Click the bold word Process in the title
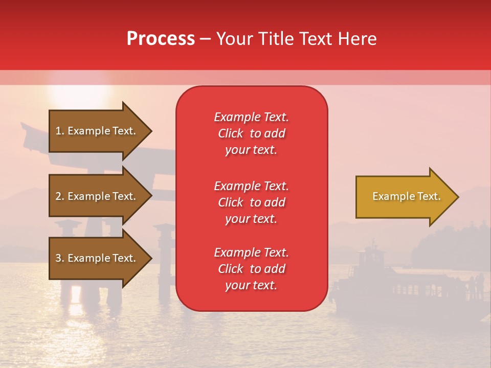tap(161, 39)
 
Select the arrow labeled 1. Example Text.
tap(97, 131)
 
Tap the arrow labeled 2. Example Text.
tap(97, 196)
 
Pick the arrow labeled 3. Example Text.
tap(97, 258)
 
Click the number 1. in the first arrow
tap(60, 131)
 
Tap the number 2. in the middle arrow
tap(60, 196)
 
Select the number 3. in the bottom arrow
tap(60, 258)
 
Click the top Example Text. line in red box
tap(251, 117)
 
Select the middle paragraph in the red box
tap(251, 202)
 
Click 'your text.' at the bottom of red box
tap(251, 286)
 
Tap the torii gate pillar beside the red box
tap(165, 261)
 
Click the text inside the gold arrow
tap(406, 196)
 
